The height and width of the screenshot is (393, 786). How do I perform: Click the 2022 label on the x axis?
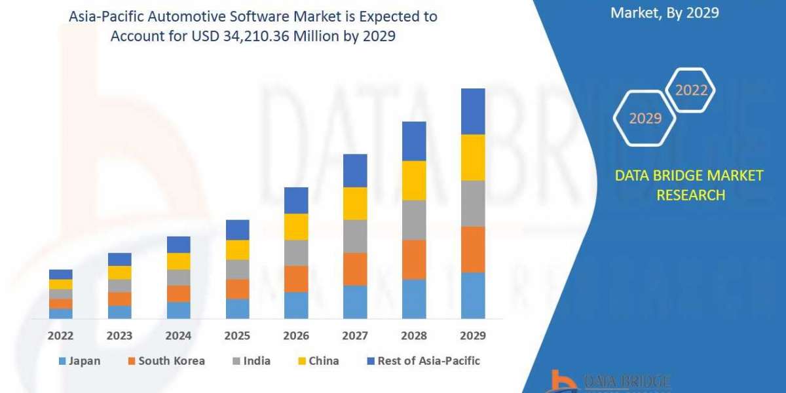(x=60, y=335)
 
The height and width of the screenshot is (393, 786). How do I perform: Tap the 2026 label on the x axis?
(x=296, y=335)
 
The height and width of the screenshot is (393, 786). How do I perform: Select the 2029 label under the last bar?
(x=473, y=335)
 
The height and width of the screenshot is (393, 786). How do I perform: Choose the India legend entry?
(x=257, y=361)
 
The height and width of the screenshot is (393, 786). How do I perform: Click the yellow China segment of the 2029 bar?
(x=473, y=157)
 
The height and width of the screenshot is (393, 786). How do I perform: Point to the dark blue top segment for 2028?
(x=414, y=141)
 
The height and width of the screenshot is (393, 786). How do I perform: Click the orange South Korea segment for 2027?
(x=355, y=269)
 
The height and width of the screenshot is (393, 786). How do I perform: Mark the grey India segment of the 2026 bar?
(x=296, y=253)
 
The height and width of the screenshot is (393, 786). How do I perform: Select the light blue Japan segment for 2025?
(x=237, y=309)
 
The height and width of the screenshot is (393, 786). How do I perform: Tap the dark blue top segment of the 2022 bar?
(x=60, y=274)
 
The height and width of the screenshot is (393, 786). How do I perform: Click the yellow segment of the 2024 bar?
(x=178, y=261)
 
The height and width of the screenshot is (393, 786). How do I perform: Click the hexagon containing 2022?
(x=691, y=90)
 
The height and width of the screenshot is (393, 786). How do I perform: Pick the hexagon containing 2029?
(x=645, y=118)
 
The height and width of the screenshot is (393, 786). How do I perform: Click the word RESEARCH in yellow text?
(x=690, y=195)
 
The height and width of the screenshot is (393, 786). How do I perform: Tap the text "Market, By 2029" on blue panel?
(x=664, y=12)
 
